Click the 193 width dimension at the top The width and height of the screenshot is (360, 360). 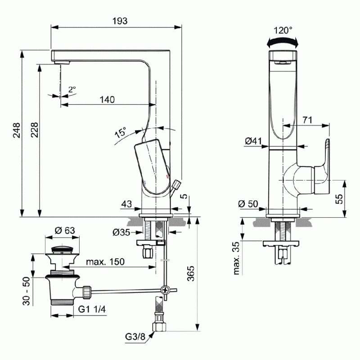(x=120, y=21)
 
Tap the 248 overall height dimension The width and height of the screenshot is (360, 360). (x=17, y=130)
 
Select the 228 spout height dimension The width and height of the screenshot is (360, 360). (x=35, y=130)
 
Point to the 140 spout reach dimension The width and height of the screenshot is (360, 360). (x=107, y=99)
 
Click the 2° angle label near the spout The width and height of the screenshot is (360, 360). (x=72, y=89)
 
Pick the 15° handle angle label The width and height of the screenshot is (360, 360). (x=121, y=132)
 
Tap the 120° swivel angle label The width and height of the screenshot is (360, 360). (x=283, y=30)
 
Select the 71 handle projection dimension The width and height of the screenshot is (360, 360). (x=307, y=120)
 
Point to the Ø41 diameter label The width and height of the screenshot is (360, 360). (x=253, y=141)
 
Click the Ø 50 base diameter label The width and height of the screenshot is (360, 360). (x=248, y=204)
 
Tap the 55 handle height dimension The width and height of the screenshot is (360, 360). (x=339, y=199)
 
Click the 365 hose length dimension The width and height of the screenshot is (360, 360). (x=190, y=274)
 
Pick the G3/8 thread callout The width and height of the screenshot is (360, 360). (x=135, y=337)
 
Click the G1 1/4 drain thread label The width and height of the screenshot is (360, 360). (x=92, y=309)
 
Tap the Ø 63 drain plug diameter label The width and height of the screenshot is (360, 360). (x=65, y=230)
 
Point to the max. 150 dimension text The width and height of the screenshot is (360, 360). (x=105, y=262)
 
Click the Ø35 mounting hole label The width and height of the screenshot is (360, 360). (x=121, y=232)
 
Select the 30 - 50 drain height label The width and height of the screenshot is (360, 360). (x=27, y=291)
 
